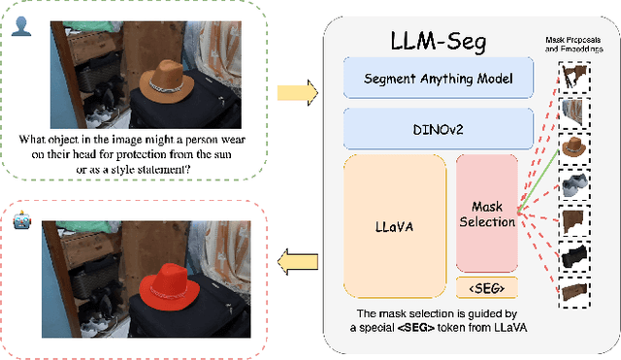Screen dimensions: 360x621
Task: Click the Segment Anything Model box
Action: point(438,77)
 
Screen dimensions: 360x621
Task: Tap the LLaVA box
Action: point(394,225)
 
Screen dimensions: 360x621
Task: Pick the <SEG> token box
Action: point(486,287)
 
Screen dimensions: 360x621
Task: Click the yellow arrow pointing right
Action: point(297,93)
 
